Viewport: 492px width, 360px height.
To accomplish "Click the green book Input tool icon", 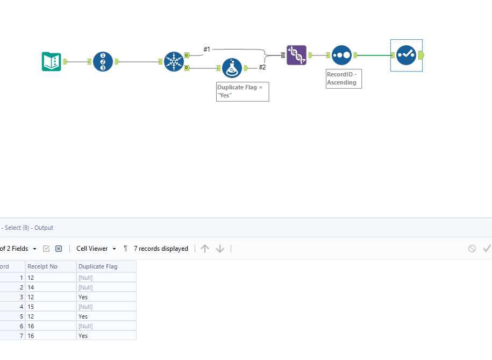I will pyautogui.click(x=52, y=62).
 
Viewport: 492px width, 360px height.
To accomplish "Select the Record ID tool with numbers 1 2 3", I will pyautogui.click(x=103, y=62).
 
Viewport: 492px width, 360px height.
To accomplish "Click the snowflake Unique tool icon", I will pyautogui.click(x=174, y=62).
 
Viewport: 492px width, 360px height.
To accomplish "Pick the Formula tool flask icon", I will pyautogui.click(x=232, y=68).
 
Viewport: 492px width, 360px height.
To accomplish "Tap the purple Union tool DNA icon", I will pyautogui.click(x=296, y=55).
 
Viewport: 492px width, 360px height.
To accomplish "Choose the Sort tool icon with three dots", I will pyautogui.click(x=341, y=55).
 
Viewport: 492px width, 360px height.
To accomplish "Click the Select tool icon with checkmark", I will pyautogui.click(x=406, y=55).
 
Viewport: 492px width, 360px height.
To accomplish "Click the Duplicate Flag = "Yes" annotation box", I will pyautogui.click(x=243, y=91).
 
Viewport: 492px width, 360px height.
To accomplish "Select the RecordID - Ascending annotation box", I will pyautogui.click(x=344, y=78).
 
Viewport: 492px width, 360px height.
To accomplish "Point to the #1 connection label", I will pyautogui.click(x=207, y=50).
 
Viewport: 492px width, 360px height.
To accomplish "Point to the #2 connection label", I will pyautogui.click(x=262, y=67).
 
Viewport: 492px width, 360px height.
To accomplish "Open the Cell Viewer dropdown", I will pyautogui.click(x=96, y=249).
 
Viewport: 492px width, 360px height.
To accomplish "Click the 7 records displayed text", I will pyautogui.click(x=161, y=249).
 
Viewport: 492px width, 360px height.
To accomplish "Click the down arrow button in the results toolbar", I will pyautogui.click(x=220, y=249).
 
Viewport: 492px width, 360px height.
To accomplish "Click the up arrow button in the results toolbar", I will pyautogui.click(x=205, y=249).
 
